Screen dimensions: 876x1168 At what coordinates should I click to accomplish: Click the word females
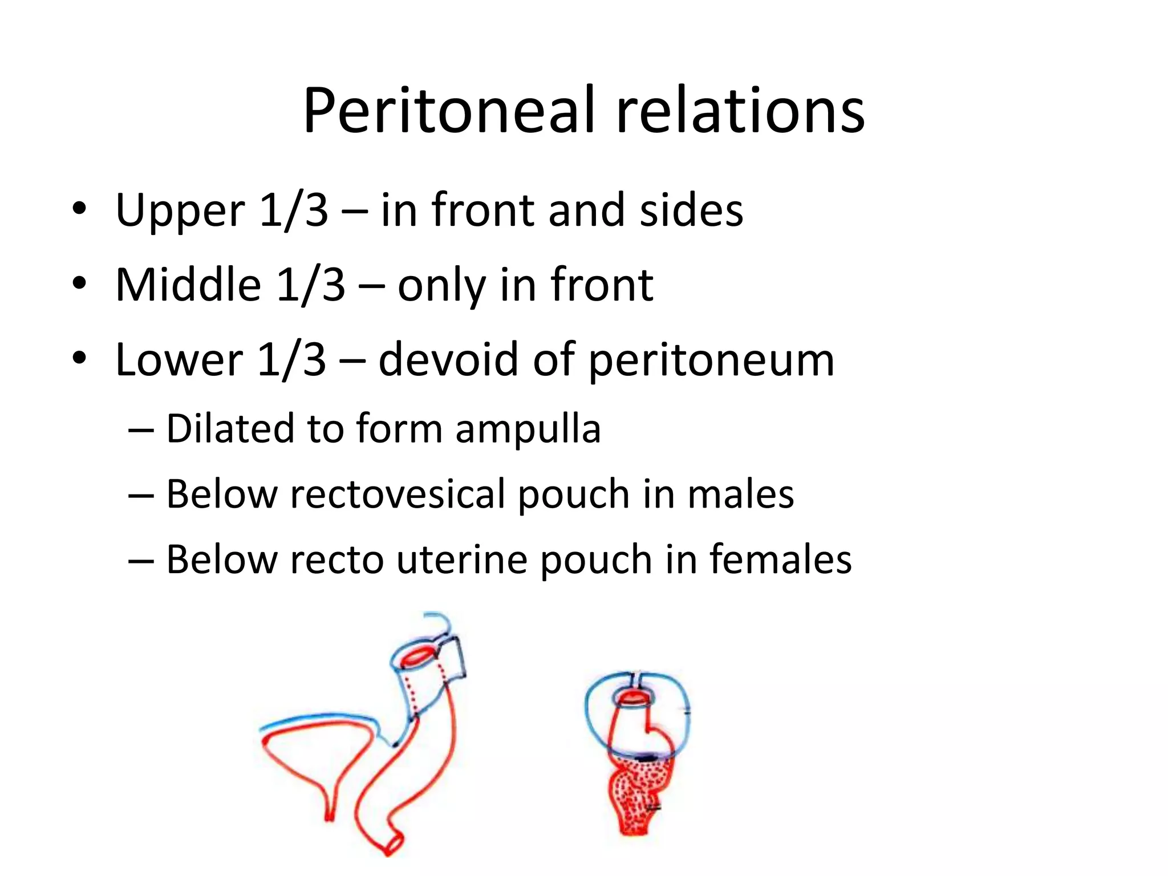click(x=781, y=559)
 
